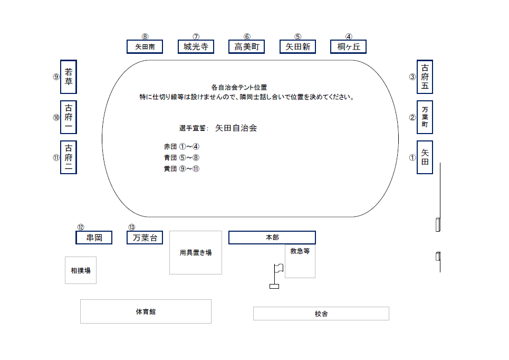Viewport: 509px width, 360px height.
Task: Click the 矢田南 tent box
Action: click(145, 46)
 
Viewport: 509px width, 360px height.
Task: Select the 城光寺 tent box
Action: click(196, 46)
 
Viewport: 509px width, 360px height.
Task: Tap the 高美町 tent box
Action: click(246, 46)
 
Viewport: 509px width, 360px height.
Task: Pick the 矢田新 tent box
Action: click(297, 46)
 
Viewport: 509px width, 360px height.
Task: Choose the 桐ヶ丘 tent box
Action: click(348, 46)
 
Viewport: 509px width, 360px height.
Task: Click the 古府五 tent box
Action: click(425, 77)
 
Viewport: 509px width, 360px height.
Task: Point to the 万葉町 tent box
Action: click(425, 117)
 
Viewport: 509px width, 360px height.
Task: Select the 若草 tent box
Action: click(69, 77)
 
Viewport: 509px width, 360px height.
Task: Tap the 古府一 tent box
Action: click(69, 117)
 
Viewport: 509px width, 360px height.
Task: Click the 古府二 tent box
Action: click(69, 157)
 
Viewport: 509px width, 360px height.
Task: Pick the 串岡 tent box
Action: click(94, 238)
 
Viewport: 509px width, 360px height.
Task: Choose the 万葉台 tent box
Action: click(145, 238)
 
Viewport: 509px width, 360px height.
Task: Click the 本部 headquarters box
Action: click(272, 238)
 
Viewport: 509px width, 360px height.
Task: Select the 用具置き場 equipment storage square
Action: click(195, 253)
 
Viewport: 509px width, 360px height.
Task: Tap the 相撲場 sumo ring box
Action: click(81, 270)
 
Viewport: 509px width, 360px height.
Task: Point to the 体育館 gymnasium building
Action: click(146, 311)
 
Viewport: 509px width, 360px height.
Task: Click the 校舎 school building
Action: click(321, 314)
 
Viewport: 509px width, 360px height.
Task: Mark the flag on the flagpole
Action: click(279, 268)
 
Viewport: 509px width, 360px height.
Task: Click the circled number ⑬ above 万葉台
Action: click(131, 227)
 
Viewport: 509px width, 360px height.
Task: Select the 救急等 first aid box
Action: click(300, 261)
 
